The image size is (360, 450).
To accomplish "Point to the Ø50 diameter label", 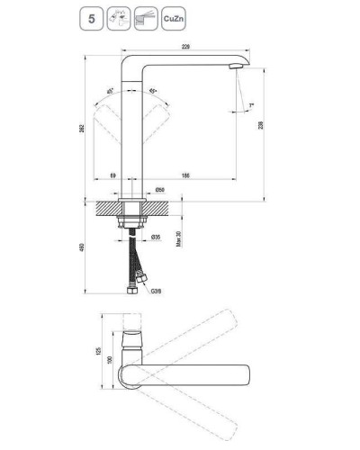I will [158, 189].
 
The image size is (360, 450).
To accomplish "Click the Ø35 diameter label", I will [156, 237].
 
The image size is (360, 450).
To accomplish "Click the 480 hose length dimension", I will [83, 246].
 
